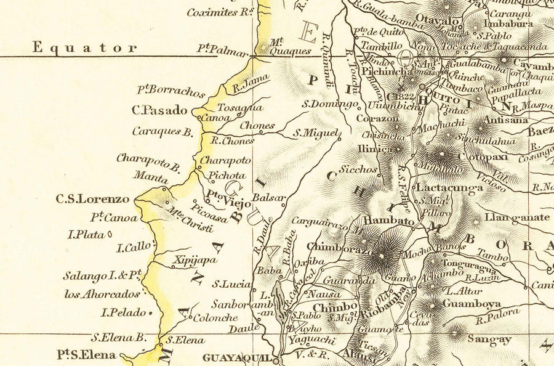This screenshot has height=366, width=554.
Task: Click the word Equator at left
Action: (85, 47)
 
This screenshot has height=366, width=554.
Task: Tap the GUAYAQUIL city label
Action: (237, 357)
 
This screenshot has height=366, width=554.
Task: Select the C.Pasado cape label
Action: (159, 111)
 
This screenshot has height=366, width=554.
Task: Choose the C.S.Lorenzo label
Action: (93, 199)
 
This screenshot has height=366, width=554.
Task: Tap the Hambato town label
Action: (388, 221)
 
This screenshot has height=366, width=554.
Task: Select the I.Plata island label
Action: (87, 235)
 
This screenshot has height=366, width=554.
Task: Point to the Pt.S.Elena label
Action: (86, 355)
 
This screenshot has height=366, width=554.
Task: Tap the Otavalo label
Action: (438, 19)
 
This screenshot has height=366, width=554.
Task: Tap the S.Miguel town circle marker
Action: (340, 138)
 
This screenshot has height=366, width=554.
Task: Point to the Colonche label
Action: (215, 318)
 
